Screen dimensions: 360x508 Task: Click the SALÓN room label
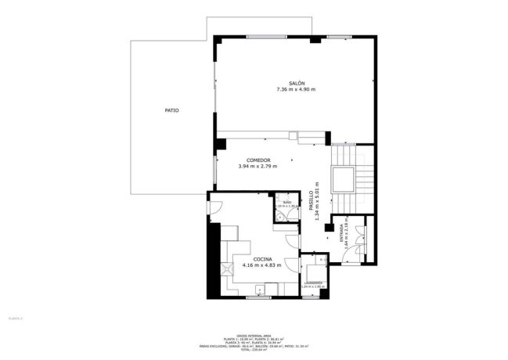point(296,83)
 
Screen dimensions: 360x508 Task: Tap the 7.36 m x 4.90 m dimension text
point(296,90)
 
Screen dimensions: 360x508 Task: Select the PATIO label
point(171,110)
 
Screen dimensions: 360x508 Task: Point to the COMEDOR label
point(258,160)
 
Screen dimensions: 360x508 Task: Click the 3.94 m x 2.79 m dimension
point(258,166)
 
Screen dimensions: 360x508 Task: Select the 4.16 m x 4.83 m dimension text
point(261,265)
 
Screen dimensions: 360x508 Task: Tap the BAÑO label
point(287,203)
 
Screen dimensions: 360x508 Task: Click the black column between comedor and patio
point(221,144)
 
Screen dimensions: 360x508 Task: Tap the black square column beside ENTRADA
point(329,228)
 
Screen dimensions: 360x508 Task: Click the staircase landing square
point(343,181)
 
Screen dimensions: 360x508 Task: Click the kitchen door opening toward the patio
point(214,208)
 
